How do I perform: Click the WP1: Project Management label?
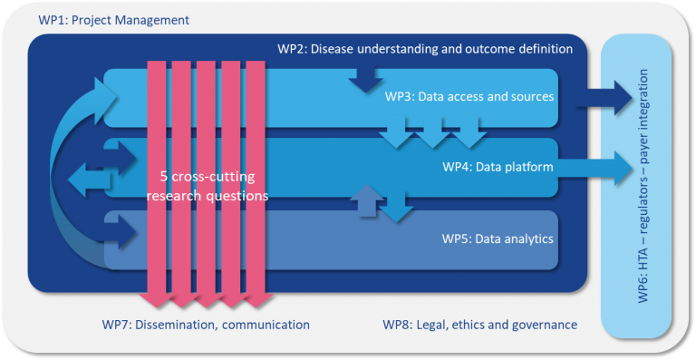point(114,19)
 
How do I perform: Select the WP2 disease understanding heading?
point(424,49)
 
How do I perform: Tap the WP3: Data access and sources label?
point(469,96)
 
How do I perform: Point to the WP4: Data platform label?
point(498,167)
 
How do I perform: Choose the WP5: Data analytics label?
point(498,239)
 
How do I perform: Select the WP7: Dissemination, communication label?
point(206,325)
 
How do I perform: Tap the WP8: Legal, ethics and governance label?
point(479,325)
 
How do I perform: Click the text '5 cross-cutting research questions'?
point(208,185)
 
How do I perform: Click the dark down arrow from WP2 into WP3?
point(365,80)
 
